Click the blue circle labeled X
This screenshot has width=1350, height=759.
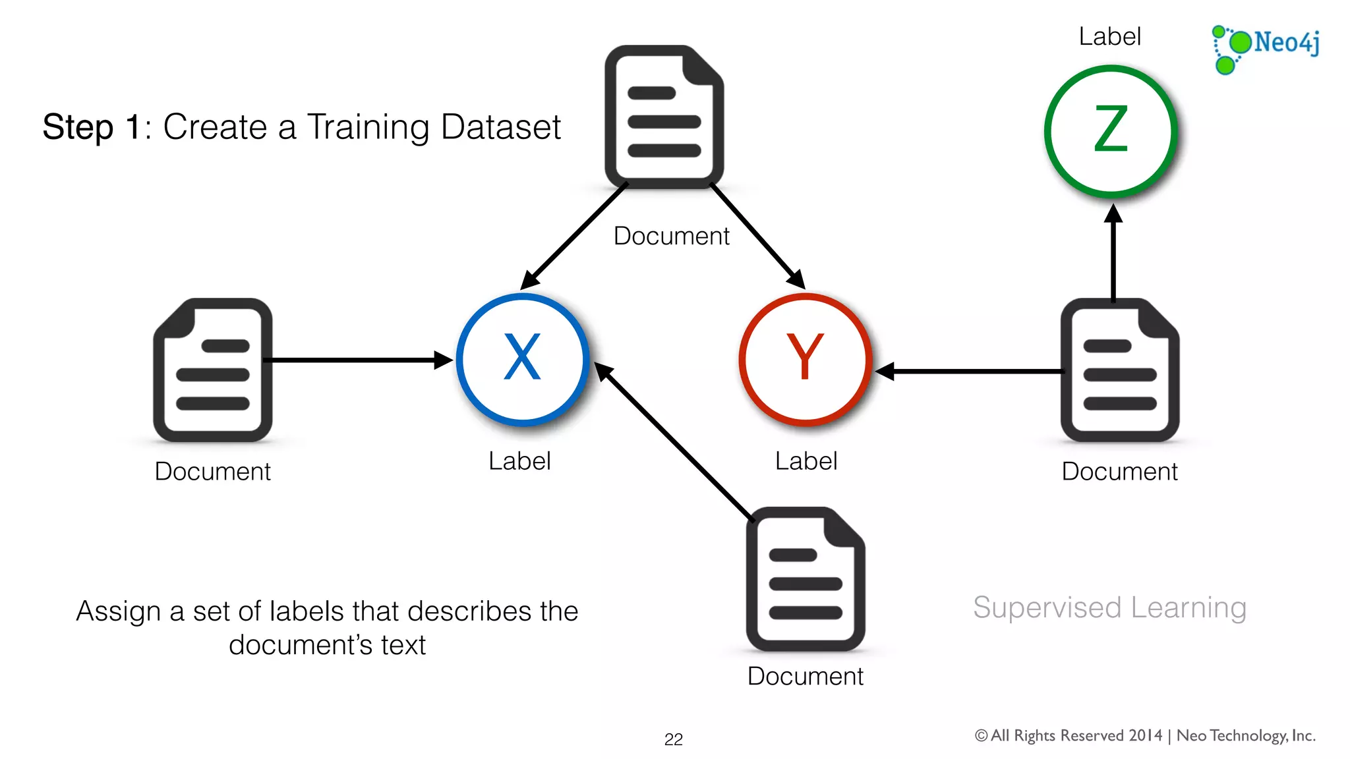pos(522,359)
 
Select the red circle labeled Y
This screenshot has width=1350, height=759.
pos(805,359)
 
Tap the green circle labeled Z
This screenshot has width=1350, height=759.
pos(1111,130)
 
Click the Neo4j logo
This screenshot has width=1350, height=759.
pos(1266,47)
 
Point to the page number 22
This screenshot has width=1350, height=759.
pos(673,739)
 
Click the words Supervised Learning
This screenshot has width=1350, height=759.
pos(1109,607)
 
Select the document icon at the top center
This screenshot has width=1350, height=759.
pos(664,117)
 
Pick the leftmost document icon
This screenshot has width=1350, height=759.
pos(213,370)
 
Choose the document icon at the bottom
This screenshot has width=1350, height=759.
pos(806,579)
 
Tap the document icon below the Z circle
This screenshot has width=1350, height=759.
pos(1120,370)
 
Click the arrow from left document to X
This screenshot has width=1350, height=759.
pos(356,360)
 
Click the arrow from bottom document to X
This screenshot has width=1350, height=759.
pos(676,441)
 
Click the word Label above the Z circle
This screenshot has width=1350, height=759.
pos(1109,36)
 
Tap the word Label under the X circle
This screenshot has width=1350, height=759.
pos(519,461)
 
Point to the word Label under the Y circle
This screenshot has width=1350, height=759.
pos(806,461)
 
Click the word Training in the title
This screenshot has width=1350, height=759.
pos(368,127)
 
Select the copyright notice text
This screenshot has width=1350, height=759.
pos(1145,735)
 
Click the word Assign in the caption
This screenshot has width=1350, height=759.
pos(118,611)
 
